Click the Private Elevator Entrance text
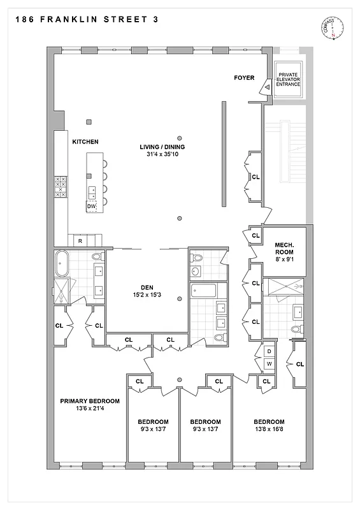(287, 80)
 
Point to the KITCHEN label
(85, 142)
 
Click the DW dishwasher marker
(92, 207)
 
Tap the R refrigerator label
(80, 241)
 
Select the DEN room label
(147, 287)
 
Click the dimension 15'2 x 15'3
(147, 295)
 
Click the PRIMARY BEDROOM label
(89, 401)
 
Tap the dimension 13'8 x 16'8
(269, 430)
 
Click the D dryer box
(269, 351)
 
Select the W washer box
(269, 364)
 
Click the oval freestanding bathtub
(62, 261)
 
